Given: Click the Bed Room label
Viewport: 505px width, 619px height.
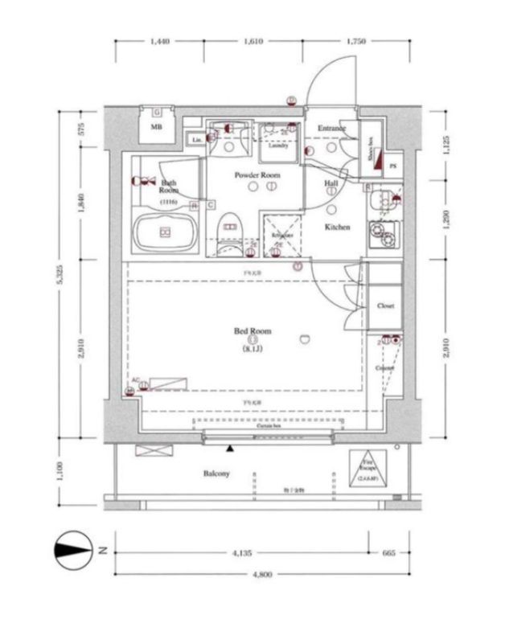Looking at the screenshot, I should pyautogui.click(x=252, y=330).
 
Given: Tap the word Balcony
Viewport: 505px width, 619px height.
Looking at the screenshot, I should pyautogui.click(x=216, y=473).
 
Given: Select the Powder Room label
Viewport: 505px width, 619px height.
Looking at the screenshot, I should pyautogui.click(x=257, y=174).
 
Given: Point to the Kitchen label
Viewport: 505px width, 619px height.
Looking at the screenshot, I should pyautogui.click(x=337, y=228).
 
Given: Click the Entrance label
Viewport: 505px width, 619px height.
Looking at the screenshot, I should pyautogui.click(x=331, y=129).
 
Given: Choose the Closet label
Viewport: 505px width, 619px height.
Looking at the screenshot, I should pyautogui.click(x=384, y=306).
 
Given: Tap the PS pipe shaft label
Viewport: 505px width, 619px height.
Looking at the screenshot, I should pyautogui.click(x=392, y=166).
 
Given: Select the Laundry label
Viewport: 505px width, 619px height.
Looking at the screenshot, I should pyautogui.click(x=278, y=146).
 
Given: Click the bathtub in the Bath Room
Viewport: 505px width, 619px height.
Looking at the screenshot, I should pyautogui.click(x=165, y=234).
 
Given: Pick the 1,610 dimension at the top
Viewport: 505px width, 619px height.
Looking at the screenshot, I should pyautogui.click(x=252, y=41).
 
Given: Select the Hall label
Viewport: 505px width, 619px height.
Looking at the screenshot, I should pyautogui.click(x=331, y=183).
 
